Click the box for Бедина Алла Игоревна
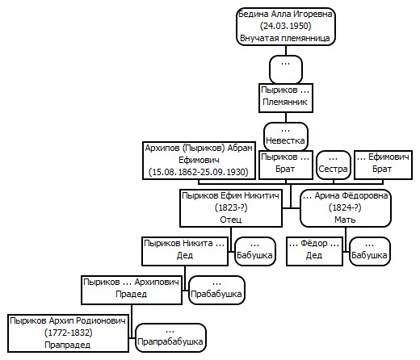pyautogui.click(x=286, y=27)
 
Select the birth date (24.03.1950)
pyautogui.click(x=286, y=26)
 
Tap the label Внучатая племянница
pyautogui.click(x=285, y=38)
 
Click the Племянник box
pyautogui.click(x=286, y=98)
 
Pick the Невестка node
pyautogui.click(x=286, y=136)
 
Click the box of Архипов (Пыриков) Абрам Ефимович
pyautogui.click(x=199, y=161)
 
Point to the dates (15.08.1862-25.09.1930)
pyautogui.click(x=199, y=172)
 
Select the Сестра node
pyautogui.click(x=334, y=165)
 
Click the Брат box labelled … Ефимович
pyautogui.click(x=383, y=165)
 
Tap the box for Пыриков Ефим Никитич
pyautogui.click(x=231, y=208)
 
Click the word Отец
pyautogui.click(x=231, y=220)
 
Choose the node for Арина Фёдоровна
pyautogui.click(x=346, y=208)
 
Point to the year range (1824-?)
pyautogui.click(x=345, y=207)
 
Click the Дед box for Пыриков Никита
pyautogui.click(x=185, y=251)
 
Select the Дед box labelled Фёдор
pyautogui.click(x=314, y=251)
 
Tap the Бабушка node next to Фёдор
pyautogui.click(x=370, y=251)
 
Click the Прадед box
pyautogui.click(x=132, y=290)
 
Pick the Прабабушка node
pyautogui.click(x=216, y=290)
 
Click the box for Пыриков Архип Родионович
pyautogui.click(x=68, y=333)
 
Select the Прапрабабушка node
pyautogui.click(x=170, y=337)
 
